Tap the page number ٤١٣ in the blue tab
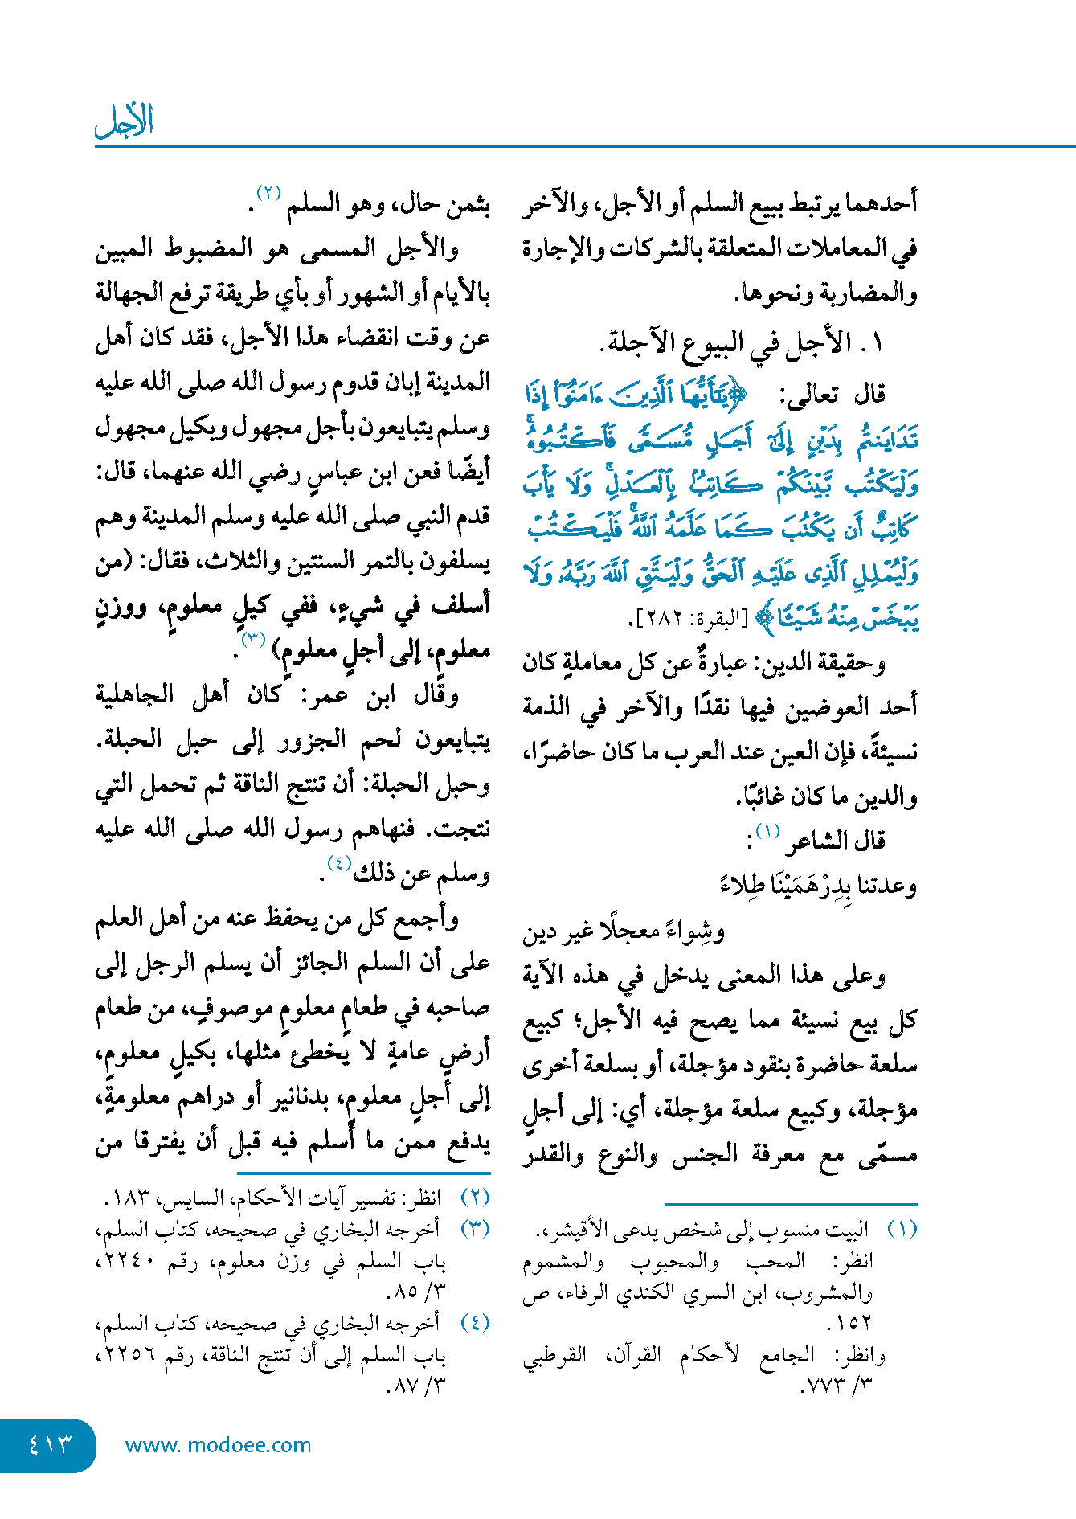(x=49, y=1444)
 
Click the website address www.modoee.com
(x=218, y=1445)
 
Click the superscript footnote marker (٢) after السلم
(x=268, y=193)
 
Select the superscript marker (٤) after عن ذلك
(x=339, y=863)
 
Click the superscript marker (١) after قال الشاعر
(x=767, y=830)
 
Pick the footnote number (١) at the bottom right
(x=902, y=1230)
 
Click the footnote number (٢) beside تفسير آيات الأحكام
(x=475, y=1197)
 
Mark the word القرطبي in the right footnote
(x=554, y=1355)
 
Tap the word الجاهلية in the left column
(x=134, y=694)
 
